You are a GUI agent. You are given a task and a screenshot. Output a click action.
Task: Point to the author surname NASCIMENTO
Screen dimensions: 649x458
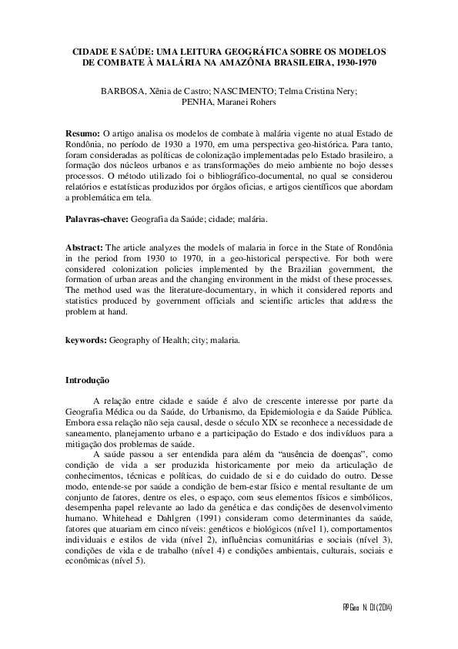point(249,91)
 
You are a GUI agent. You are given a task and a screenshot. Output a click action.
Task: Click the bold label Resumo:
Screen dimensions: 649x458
point(82,134)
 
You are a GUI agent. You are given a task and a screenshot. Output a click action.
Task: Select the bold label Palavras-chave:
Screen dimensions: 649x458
point(97,220)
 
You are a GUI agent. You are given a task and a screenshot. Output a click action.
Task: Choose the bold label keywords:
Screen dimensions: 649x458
point(86,338)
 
